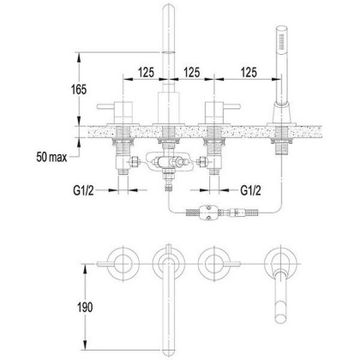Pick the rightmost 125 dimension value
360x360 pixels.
click(249, 73)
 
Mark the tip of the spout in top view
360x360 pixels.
click(170, 330)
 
